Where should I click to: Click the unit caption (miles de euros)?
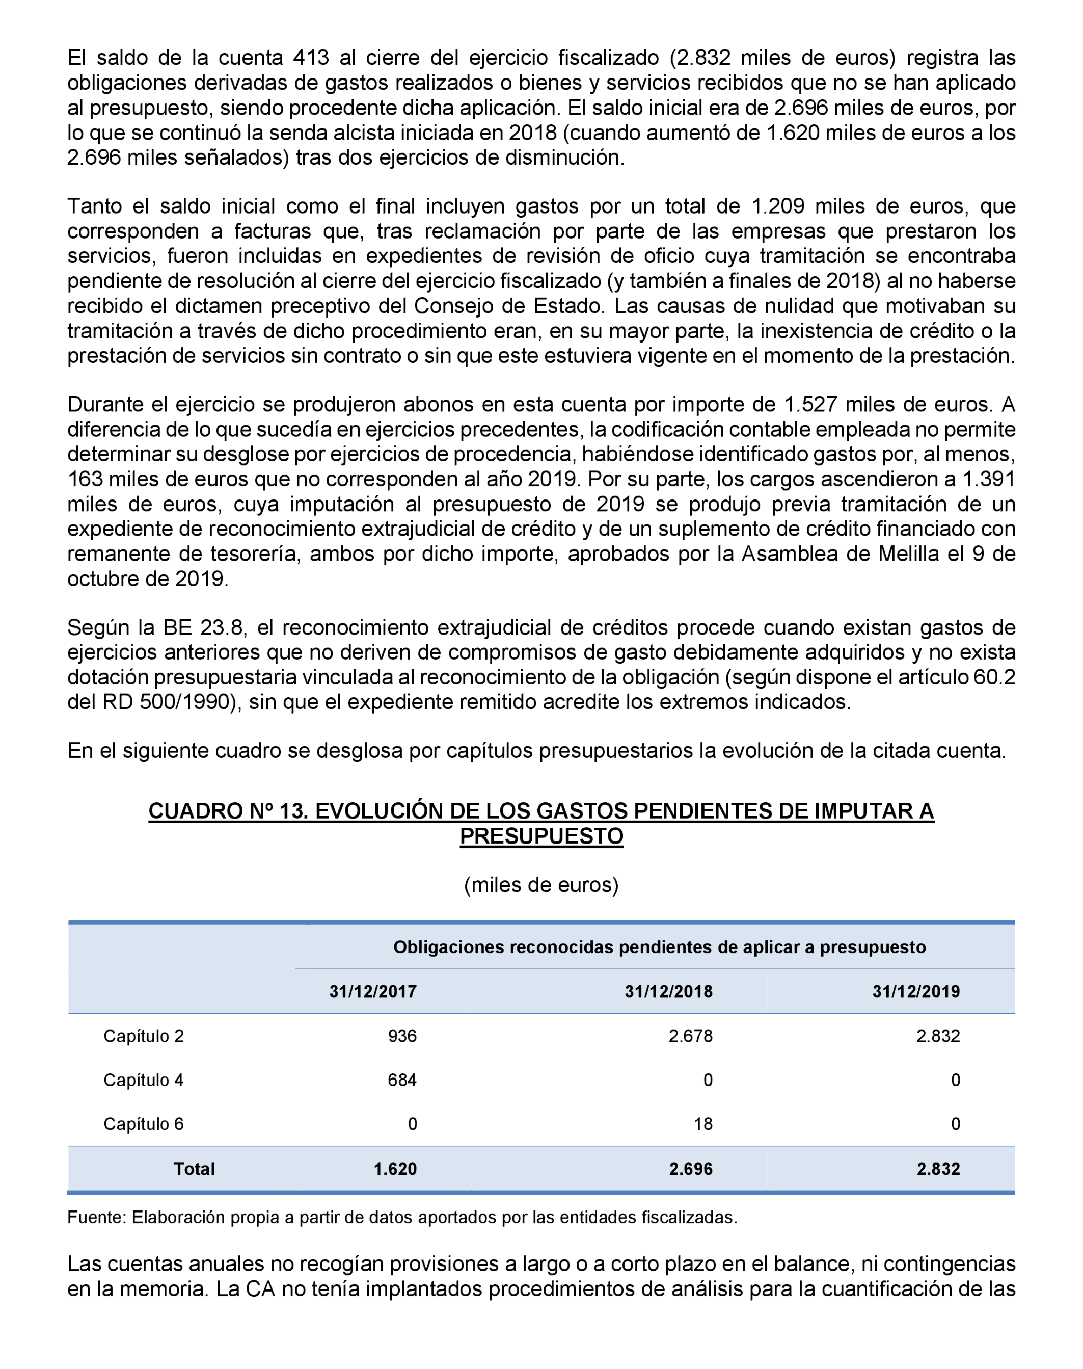click(x=541, y=884)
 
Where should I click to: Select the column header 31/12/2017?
click(x=373, y=991)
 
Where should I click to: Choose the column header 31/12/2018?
click(x=668, y=991)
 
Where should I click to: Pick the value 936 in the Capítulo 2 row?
click(x=402, y=1036)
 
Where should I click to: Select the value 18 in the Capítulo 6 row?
click(x=702, y=1124)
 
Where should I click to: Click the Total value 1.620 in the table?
click(x=395, y=1169)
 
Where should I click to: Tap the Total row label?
click(x=194, y=1169)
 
